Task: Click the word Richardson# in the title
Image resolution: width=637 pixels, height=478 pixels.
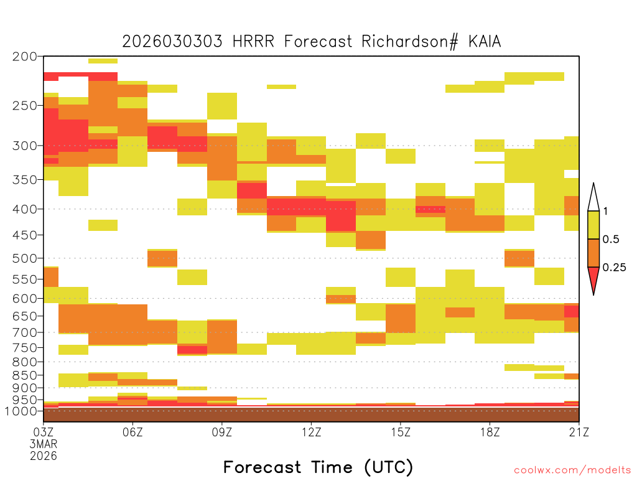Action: (409, 42)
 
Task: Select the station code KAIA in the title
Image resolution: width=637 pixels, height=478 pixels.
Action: (485, 42)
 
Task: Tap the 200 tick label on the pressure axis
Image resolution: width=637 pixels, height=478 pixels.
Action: (25, 57)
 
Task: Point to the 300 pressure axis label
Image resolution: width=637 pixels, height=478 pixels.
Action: (25, 146)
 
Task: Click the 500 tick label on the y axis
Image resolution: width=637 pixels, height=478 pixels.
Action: (25, 258)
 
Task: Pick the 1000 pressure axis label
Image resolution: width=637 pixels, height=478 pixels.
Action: (21, 411)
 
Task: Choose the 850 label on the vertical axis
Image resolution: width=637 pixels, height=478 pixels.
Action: (25, 375)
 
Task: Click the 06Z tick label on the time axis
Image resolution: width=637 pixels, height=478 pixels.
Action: (133, 432)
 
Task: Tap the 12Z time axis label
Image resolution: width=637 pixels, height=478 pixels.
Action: (311, 432)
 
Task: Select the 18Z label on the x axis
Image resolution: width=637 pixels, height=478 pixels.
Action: (490, 432)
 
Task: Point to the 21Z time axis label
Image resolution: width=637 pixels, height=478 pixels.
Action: (579, 432)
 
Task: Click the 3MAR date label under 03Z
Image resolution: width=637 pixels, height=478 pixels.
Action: (44, 444)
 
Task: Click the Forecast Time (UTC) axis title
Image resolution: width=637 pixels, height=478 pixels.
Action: (318, 467)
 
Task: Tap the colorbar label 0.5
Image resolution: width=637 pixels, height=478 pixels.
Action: (611, 240)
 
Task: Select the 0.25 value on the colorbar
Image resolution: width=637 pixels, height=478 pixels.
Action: (614, 268)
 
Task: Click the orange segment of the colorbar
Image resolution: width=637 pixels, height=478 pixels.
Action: (593, 253)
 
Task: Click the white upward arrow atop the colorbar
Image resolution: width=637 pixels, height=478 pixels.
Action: (593, 198)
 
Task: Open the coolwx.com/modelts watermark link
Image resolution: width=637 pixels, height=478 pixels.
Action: (572, 471)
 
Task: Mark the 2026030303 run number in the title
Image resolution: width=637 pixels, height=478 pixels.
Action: (172, 42)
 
